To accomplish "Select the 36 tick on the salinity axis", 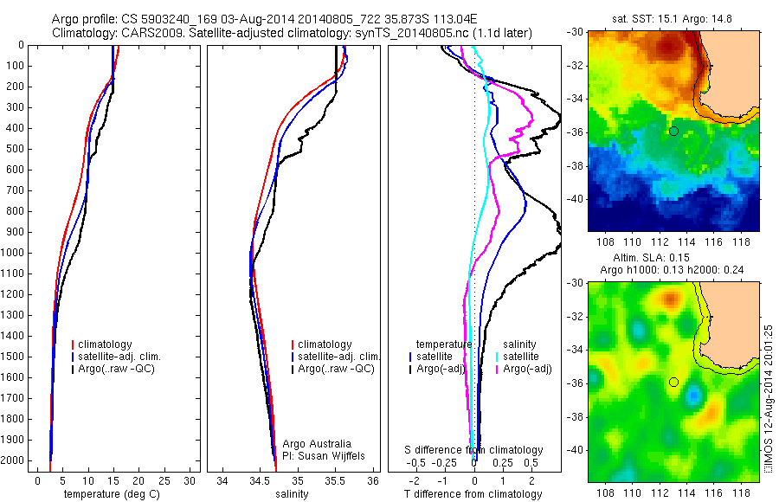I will click(x=373, y=480).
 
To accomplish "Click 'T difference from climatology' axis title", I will click(x=474, y=494).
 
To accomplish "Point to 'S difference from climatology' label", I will click(x=474, y=450).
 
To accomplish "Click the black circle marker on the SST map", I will click(x=673, y=131).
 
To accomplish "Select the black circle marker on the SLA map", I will click(x=673, y=382).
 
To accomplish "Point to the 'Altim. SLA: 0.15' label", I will click(x=671, y=259).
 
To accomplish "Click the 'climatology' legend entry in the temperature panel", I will click(x=108, y=344).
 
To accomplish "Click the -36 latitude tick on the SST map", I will click(x=577, y=132).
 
